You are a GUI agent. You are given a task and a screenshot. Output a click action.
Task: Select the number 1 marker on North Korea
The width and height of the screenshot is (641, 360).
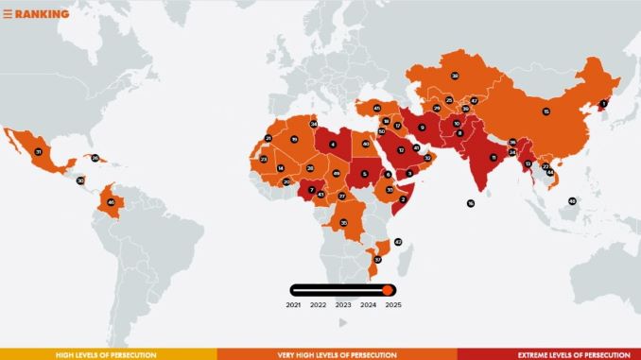point(604,104)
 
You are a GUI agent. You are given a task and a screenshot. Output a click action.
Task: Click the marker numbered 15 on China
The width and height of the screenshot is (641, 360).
point(546,111)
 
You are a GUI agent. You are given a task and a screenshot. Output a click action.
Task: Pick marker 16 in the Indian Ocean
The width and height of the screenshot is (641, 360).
point(470,203)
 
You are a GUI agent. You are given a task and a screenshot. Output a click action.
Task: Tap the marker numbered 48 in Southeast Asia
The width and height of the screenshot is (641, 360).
point(572,200)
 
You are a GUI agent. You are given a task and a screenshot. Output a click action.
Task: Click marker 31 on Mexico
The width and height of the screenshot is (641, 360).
point(39,151)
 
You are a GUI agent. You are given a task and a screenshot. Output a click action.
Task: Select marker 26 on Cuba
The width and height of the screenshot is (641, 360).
point(95,158)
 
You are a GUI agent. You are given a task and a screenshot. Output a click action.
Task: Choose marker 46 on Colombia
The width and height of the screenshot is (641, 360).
point(112,201)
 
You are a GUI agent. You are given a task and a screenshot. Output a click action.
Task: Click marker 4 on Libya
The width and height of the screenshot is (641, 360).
point(333,144)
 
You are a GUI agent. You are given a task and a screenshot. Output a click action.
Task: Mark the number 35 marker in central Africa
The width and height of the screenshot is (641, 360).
point(343,222)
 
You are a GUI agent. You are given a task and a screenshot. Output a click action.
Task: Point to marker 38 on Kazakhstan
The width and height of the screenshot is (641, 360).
point(455,75)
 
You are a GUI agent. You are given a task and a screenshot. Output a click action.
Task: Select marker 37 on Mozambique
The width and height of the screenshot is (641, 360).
point(377,259)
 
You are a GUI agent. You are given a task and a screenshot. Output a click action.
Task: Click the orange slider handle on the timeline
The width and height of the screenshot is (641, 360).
point(388,289)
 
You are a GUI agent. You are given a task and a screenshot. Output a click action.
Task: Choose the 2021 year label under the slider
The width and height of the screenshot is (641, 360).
point(293,305)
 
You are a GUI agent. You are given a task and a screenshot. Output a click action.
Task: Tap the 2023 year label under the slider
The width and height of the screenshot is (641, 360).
point(343,305)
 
